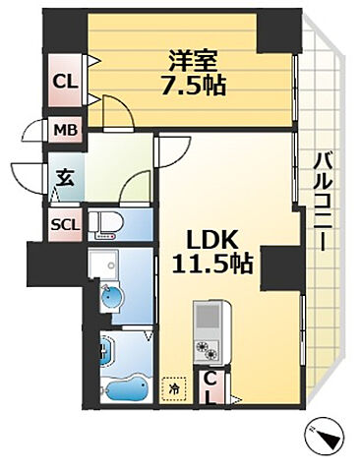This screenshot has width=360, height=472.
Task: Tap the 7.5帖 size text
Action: click(193, 86)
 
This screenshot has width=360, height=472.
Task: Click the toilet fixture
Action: click(106, 225)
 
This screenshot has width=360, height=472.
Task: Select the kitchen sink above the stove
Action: click(209, 318)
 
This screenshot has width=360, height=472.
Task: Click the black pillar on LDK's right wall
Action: click(277, 267)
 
